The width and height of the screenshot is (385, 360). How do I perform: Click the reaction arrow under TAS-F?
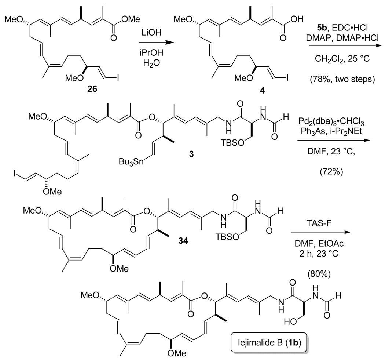coord(309,232)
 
